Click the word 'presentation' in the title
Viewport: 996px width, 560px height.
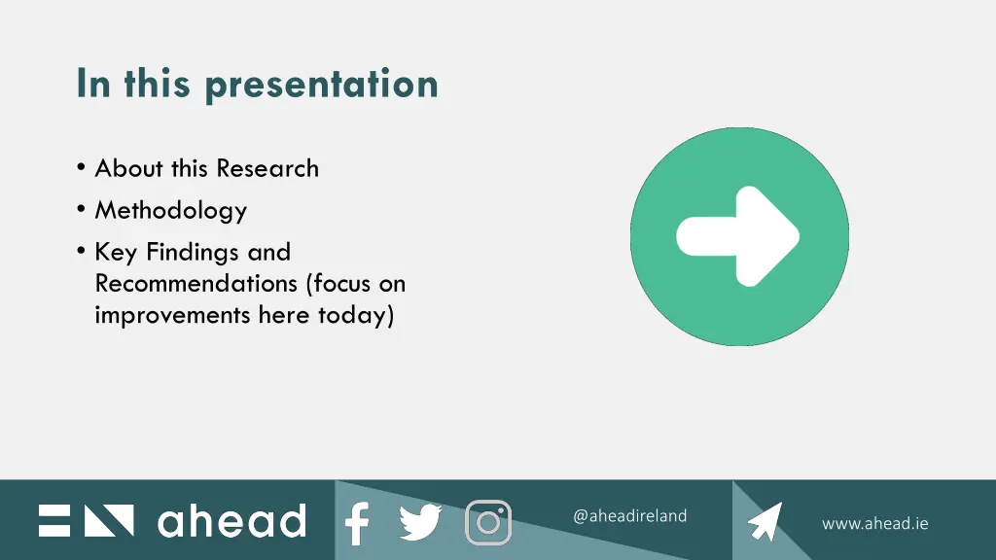321,85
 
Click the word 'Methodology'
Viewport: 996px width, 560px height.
170,210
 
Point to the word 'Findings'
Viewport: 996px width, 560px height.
194,252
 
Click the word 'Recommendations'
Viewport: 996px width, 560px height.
196,284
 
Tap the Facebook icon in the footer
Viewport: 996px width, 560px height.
357,523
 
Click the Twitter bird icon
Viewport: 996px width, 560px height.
420,523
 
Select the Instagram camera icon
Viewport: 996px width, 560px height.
488,522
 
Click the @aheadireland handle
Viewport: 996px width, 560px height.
629,516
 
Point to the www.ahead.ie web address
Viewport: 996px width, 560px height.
874,523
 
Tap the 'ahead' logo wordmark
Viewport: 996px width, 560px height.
231,521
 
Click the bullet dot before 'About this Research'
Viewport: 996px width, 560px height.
80,168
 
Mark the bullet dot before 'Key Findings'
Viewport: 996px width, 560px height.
80,252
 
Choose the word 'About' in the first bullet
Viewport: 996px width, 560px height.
129,168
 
